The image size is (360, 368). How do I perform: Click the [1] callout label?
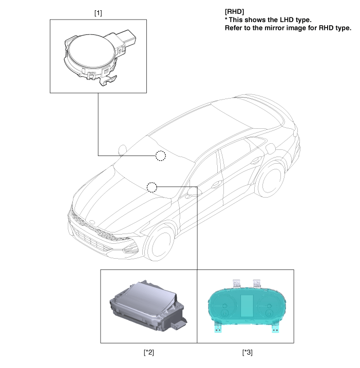click(x=98, y=13)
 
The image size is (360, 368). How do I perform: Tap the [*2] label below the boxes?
click(x=149, y=352)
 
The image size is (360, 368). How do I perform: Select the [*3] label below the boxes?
click(x=248, y=352)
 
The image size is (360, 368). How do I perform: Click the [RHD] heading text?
click(x=234, y=11)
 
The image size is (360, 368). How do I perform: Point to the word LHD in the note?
click(x=287, y=20)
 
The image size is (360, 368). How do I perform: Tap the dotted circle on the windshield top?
click(x=161, y=156)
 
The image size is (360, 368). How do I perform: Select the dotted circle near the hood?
click(x=152, y=187)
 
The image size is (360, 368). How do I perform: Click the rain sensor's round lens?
click(x=91, y=50)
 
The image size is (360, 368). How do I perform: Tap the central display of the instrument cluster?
click(x=247, y=305)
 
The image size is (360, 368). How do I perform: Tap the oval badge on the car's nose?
click(x=92, y=222)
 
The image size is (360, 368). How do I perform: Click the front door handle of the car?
click(x=216, y=184)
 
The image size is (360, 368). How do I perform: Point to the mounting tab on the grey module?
click(x=179, y=324)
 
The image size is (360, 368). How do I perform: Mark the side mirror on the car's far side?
click(x=122, y=150)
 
